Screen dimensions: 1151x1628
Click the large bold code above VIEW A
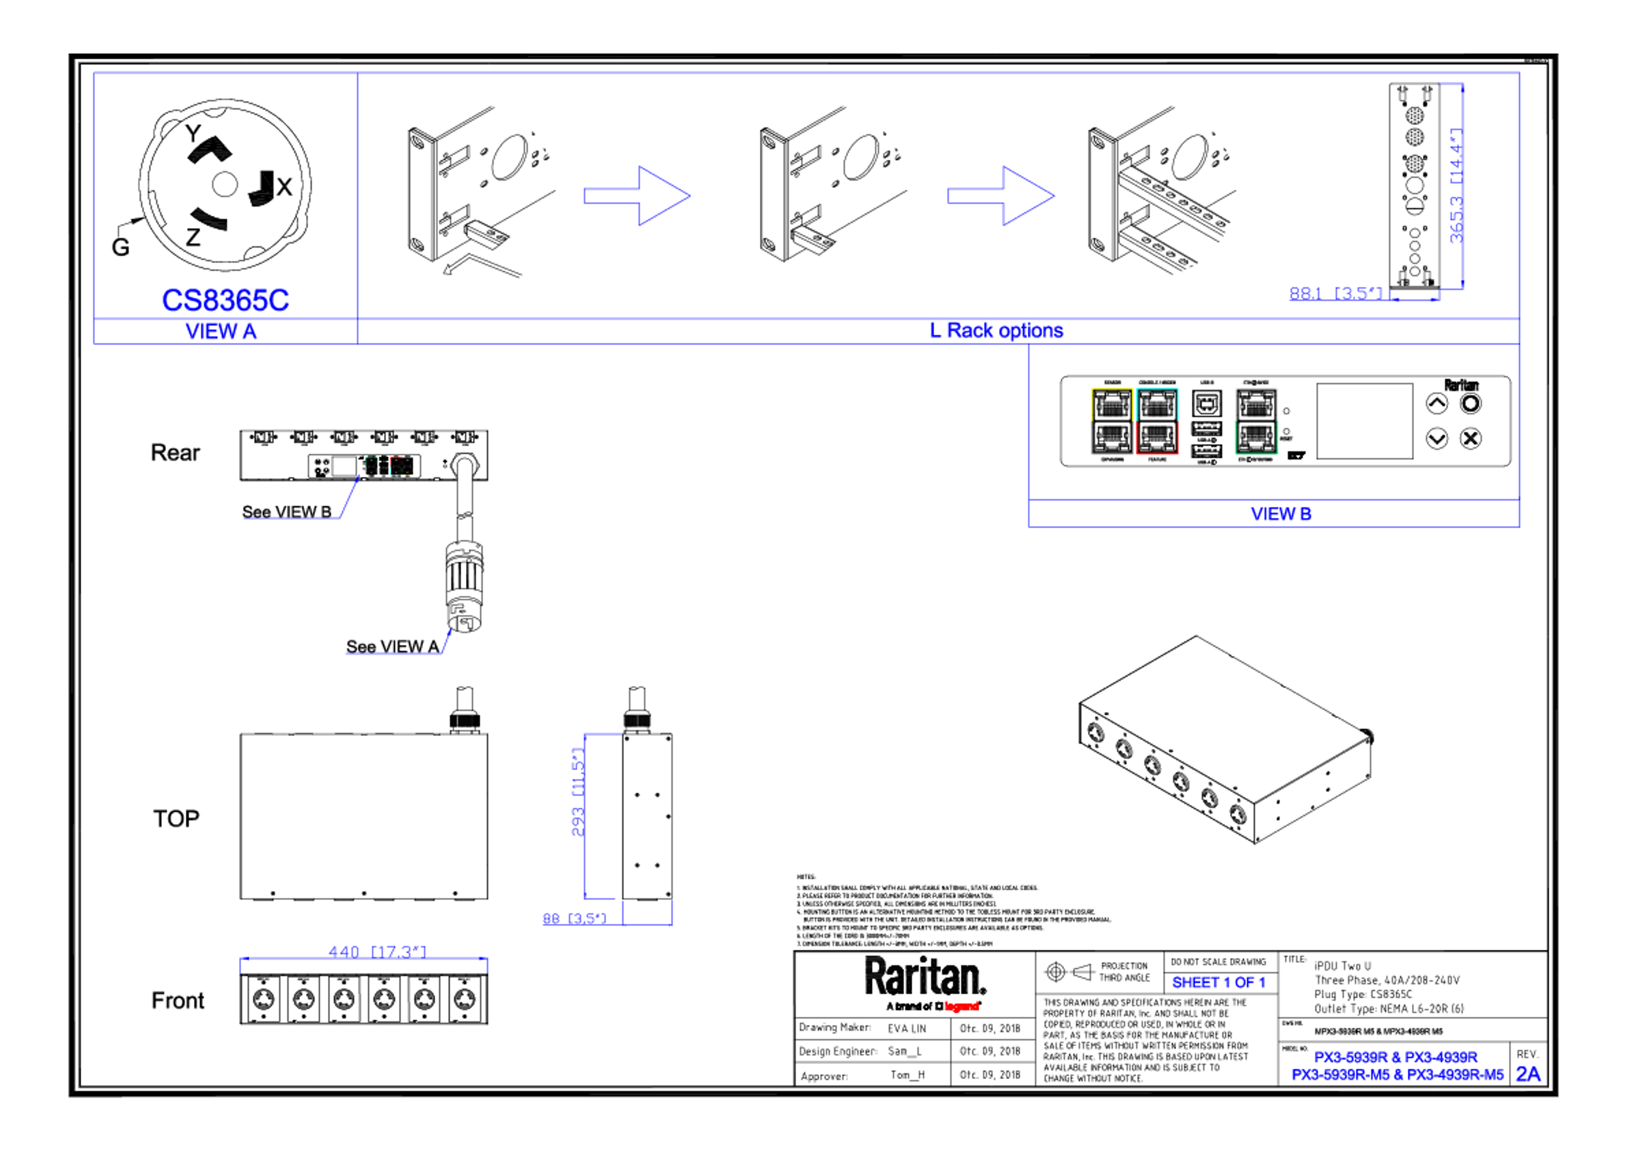(x=226, y=300)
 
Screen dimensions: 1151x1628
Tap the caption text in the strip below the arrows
(x=997, y=331)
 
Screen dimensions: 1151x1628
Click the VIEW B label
(x=1280, y=514)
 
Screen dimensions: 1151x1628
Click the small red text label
(x=962, y=1006)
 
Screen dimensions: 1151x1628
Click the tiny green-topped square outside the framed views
(x=371, y=466)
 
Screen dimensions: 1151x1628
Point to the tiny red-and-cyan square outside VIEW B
(x=402, y=466)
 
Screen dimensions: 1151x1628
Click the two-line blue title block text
(x=1397, y=1066)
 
